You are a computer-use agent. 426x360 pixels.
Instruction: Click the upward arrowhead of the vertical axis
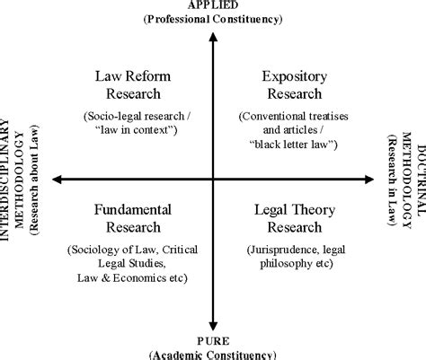pos(213,37)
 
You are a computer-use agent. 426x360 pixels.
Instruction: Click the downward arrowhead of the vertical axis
pos(213,326)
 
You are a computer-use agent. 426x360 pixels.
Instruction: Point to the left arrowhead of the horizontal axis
pos(57,180)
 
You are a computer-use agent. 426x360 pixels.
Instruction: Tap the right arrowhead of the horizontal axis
pos(369,180)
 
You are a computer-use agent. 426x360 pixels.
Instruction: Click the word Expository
pos(295,77)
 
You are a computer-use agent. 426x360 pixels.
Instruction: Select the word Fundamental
pos(133,209)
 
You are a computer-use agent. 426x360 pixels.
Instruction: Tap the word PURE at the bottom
pos(213,341)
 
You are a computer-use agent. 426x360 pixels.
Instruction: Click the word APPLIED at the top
pos(213,4)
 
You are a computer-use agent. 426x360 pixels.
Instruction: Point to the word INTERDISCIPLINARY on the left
pos(4,180)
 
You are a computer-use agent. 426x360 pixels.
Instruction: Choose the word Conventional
pos(271,116)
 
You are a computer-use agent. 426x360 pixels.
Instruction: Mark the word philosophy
pos(281,264)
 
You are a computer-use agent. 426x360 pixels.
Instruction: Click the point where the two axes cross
pos(213,180)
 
